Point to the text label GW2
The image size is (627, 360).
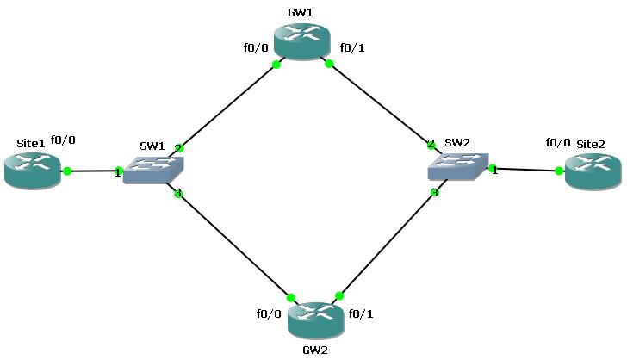pos(314,350)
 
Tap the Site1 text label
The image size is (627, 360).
pos(30,142)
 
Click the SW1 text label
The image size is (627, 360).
pos(152,146)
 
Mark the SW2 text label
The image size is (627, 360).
pos(456,142)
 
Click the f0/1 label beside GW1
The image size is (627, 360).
pos(352,47)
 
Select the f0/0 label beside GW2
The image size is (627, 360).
pos(269,313)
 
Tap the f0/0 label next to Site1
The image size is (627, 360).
pos(63,140)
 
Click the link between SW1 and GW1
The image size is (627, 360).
pos(227,105)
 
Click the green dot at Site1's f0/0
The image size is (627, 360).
pos(67,171)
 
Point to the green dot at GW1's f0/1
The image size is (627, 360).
pos(329,63)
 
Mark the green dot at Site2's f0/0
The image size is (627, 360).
pos(559,171)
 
